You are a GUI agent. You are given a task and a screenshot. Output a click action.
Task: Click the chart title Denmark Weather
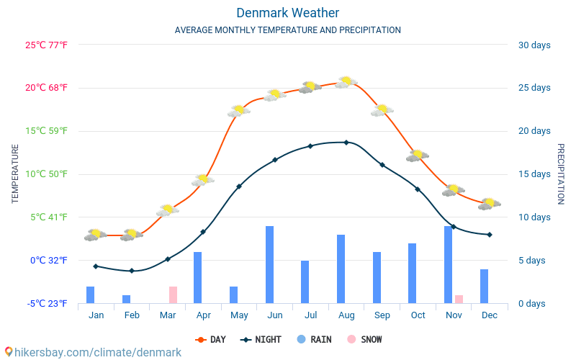tap(287, 13)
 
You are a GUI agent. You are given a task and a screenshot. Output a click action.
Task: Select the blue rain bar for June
tap(269, 264)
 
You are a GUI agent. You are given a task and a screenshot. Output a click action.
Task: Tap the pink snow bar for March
tap(173, 294)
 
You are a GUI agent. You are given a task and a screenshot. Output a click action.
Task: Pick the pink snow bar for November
tap(459, 299)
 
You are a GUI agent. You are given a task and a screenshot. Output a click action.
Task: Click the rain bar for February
tap(126, 299)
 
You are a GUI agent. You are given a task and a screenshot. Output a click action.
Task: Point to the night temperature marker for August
tap(346, 143)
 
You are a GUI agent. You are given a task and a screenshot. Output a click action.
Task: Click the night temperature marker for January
tap(95, 266)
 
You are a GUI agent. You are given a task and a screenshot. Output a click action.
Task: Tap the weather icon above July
tap(310, 87)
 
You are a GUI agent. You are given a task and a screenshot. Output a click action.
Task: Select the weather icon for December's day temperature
tap(489, 204)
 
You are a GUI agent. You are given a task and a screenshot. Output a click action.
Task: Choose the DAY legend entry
tap(210, 339)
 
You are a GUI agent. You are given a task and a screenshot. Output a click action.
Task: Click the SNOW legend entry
tap(364, 339)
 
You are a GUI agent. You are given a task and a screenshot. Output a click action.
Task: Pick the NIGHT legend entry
tap(261, 339)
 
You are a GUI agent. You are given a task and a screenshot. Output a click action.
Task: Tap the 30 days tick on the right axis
tap(534, 45)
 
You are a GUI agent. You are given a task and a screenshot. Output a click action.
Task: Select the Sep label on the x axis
tap(382, 315)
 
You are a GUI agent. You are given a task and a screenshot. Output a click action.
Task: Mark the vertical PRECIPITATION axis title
tap(560, 174)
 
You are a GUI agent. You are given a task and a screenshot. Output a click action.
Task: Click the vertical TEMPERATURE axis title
tap(15, 174)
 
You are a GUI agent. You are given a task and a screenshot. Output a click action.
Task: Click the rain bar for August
tap(341, 269)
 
